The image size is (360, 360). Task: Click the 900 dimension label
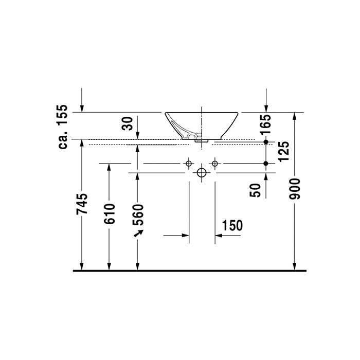295,189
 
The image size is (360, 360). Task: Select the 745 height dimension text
82,204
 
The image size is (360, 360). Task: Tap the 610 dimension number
109,214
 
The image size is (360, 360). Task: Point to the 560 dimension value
138,214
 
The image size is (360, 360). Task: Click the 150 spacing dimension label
232,225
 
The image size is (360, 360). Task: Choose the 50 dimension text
255,190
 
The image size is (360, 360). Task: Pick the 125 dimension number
283,151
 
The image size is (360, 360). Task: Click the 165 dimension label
266,124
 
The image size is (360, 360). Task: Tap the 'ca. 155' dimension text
63,127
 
